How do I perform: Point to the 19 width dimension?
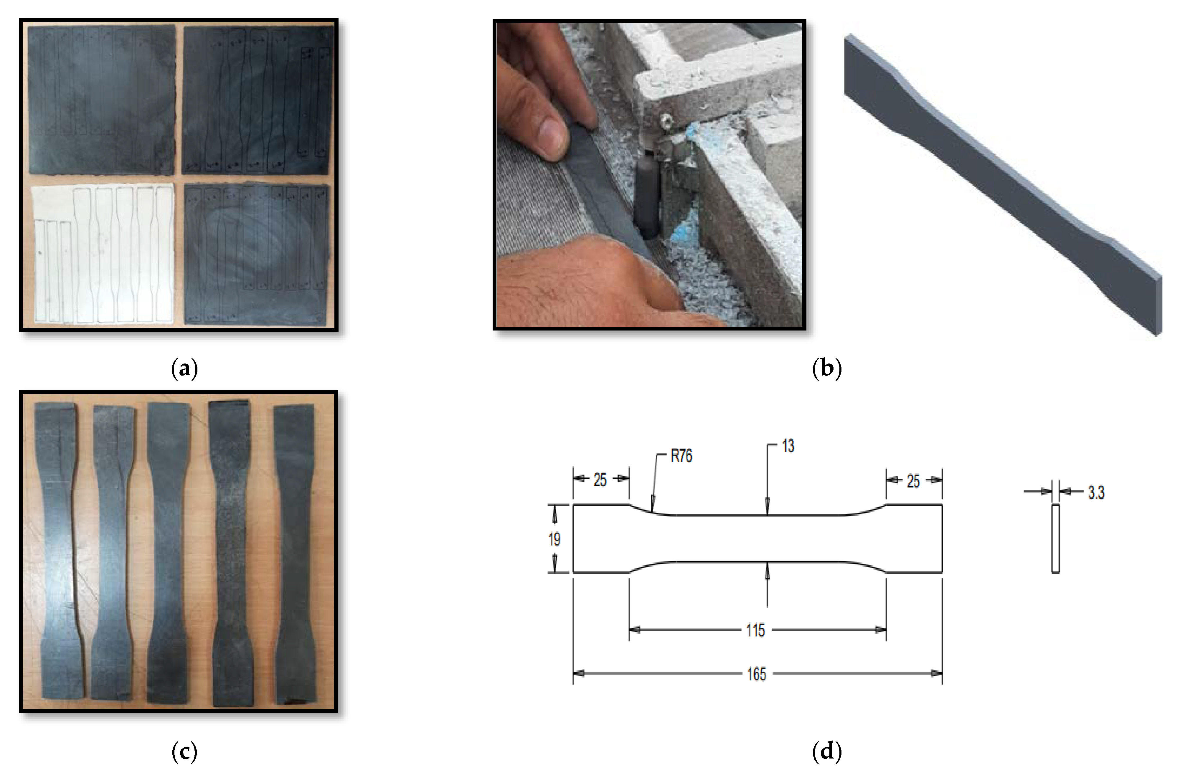click(554, 539)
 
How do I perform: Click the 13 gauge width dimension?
click(788, 446)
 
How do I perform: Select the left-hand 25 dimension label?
click(600, 480)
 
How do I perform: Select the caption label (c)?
click(184, 752)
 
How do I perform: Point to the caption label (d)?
click(826, 752)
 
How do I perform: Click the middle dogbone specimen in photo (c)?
click(169, 550)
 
